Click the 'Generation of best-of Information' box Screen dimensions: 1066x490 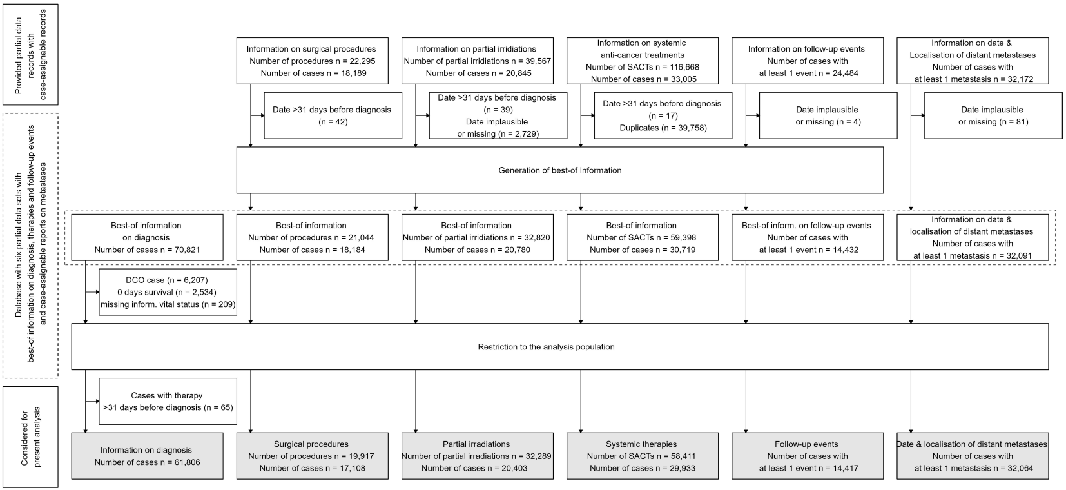[559, 170]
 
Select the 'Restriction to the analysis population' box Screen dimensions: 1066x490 [559, 347]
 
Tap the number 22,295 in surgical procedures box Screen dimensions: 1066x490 [361, 61]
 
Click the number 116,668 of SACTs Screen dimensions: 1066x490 [682, 67]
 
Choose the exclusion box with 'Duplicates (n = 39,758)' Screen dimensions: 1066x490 [663, 115]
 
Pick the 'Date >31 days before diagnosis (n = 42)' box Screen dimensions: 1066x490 [333, 115]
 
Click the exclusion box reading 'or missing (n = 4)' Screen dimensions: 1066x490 [828, 115]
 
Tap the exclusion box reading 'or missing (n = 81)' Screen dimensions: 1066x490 [993, 115]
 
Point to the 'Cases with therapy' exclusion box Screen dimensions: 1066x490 [168, 402]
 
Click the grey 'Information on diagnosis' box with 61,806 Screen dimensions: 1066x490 [147, 456]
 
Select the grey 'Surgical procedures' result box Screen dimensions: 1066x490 [312, 456]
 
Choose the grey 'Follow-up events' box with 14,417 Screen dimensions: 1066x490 [808, 456]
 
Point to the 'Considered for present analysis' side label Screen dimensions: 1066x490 [30, 436]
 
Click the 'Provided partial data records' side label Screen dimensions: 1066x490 [30, 54]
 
